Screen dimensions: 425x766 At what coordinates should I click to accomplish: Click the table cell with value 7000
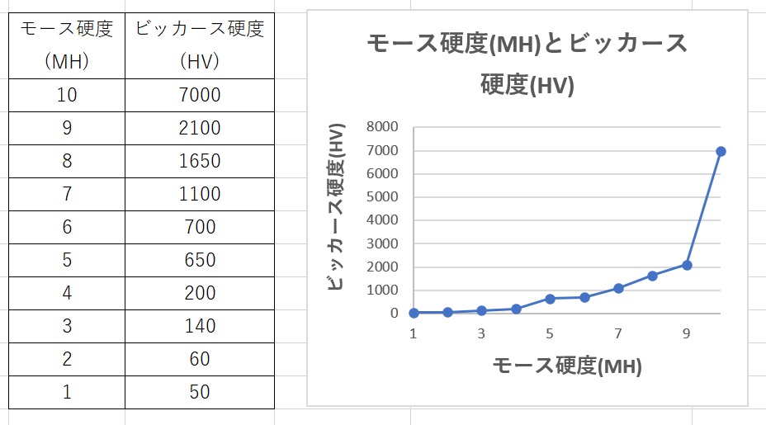click(199, 95)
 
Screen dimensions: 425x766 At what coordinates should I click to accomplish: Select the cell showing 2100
click(199, 128)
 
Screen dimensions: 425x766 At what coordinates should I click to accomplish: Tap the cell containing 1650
click(199, 161)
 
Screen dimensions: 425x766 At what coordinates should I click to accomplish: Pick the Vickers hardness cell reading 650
click(199, 260)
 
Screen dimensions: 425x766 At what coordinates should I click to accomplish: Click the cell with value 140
click(199, 326)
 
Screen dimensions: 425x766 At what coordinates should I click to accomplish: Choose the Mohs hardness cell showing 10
click(67, 95)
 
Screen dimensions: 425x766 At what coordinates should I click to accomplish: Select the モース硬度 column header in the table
click(67, 45)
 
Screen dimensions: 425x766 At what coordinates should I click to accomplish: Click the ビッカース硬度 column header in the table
click(199, 45)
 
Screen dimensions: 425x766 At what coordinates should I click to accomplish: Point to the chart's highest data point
click(721, 151)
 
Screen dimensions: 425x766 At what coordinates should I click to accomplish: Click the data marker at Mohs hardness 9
click(687, 265)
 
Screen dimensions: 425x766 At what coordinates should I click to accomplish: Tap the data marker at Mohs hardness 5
click(550, 298)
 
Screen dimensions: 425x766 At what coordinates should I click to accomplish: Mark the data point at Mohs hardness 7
click(618, 288)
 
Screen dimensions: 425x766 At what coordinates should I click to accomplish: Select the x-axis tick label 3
click(481, 333)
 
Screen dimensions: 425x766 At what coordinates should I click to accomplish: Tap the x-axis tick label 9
click(687, 333)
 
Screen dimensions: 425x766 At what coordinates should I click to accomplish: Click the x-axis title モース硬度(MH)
click(566, 366)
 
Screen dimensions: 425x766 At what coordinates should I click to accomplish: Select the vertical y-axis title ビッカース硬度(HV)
click(335, 206)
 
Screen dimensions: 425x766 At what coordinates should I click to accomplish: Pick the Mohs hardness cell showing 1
click(67, 392)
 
